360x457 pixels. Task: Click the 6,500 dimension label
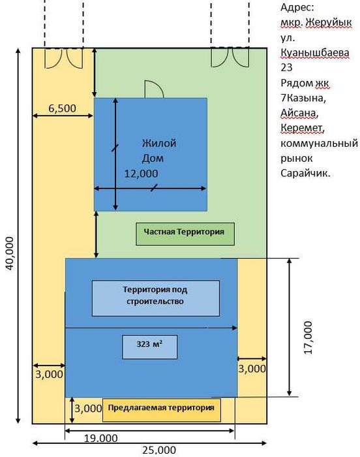[x=62, y=108]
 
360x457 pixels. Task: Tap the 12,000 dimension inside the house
[x=142, y=174]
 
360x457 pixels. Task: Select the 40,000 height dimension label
[x=10, y=253]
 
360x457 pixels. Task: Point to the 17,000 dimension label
[x=308, y=338]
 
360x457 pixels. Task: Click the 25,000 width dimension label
[x=159, y=450]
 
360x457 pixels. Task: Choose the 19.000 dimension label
[x=101, y=438]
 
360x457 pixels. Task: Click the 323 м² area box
[x=150, y=347]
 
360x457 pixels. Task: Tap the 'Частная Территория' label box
[x=185, y=234]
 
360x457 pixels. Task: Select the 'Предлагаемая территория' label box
[x=162, y=410]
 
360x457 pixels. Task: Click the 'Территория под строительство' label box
[x=156, y=298]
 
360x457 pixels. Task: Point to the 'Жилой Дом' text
[x=159, y=151]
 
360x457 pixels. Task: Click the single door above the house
[x=154, y=89]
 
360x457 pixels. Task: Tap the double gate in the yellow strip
[x=64, y=57]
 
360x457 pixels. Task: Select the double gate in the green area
[x=230, y=57]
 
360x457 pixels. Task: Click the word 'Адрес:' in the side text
[x=297, y=7]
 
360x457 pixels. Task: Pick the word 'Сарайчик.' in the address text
[x=305, y=174]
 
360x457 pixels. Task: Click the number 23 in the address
[x=286, y=68]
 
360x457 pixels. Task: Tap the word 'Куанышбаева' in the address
[x=315, y=53]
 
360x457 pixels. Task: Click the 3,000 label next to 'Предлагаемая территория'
[x=88, y=409]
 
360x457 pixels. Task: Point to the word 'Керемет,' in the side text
[x=303, y=128]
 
